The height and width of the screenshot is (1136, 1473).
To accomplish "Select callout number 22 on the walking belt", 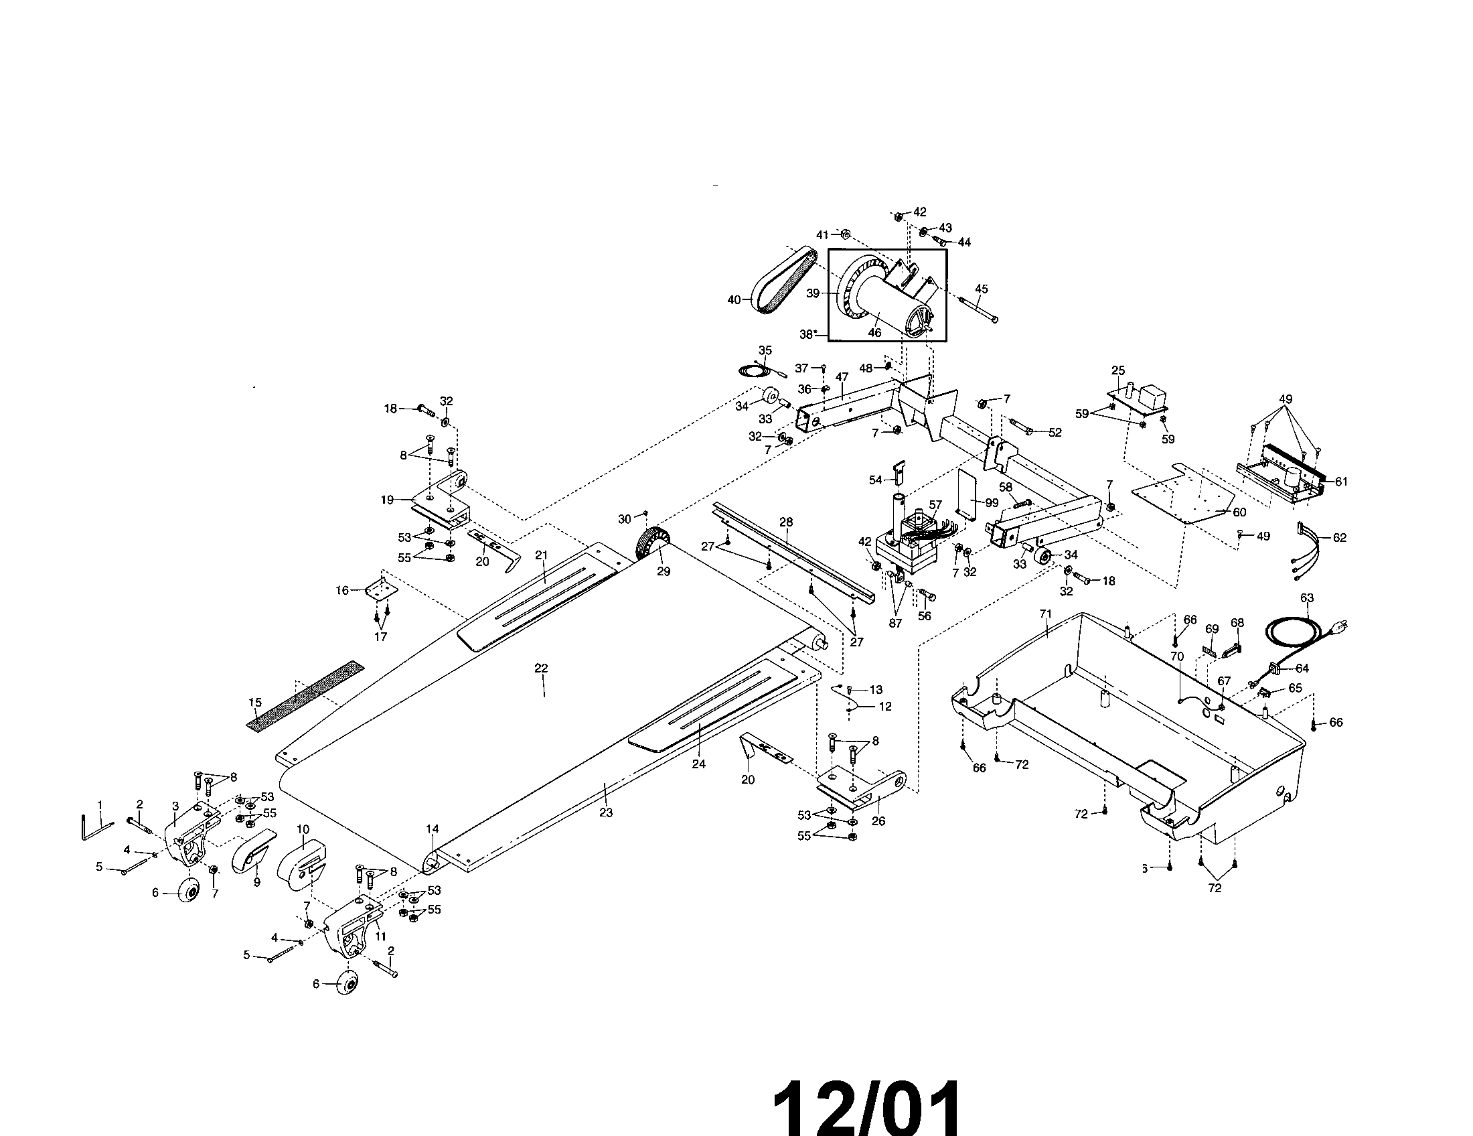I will tap(541, 668).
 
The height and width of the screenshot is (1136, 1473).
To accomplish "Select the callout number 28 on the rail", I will tap(787, 522).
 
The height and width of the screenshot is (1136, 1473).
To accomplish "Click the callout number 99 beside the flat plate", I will tap(992, 502).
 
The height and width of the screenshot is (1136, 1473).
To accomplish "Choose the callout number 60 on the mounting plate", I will tap(1239, 512).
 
